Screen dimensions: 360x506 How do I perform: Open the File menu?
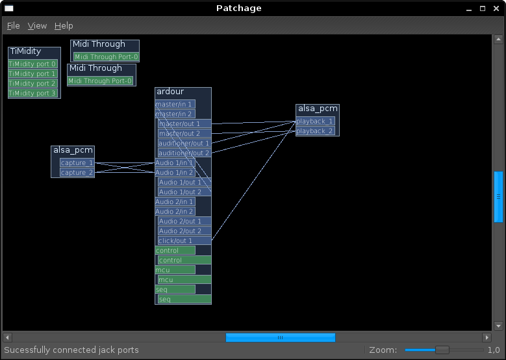pyautogui.click(x=13, y=26)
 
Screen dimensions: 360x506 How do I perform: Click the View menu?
pyautogui.click(x=37, y=26)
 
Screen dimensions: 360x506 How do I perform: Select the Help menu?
pyautogui.click(x=64, y=26)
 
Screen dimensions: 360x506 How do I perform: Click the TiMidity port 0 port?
pyautogui.click(x=32, y=64)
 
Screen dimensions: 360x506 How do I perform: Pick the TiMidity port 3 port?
pyautogui.click(x=32, y=94)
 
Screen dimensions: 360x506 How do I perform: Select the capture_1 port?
pyautogui.click(x=77, y=163)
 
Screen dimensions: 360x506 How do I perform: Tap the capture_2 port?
pyautogui.click(x=77, y=173)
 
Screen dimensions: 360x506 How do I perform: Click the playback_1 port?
pyautogui.click(x=315, y=122)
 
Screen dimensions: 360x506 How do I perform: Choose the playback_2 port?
pyautogui.click(x=315, y=131)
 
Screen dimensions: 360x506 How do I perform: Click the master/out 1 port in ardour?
pyautogui.click(x=184, y=124)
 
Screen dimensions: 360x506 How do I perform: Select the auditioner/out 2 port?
pyautogui.click(x=184, y=153)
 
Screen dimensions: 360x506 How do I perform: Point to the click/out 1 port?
pyautogui.click(x=184, y=241)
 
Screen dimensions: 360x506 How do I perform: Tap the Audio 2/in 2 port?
pyautogui.click(x=175, y=212)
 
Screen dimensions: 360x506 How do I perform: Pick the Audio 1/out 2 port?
pyautogui.click(x=184, y=192)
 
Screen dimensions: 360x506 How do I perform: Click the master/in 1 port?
pyautogui.click(x=175, y=105)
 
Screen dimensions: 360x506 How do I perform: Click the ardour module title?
pyautogui.click(x=170, y=92)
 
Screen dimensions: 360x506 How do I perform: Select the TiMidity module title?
pyautogui.click(x=26, y=51)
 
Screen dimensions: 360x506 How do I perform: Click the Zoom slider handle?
pyautogui.click(x=442, y=350)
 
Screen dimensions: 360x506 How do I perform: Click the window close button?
pyautogui.click(x=497, y=8)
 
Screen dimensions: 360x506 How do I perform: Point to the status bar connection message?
pyautogui.click(x=71, y=350)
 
